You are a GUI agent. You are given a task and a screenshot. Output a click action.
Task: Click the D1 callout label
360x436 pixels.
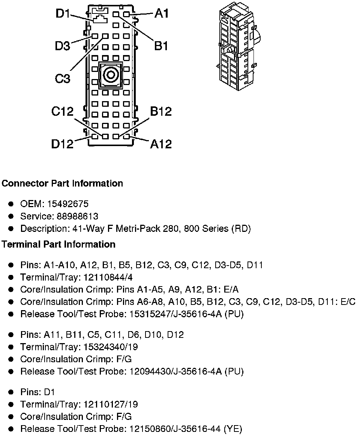63,14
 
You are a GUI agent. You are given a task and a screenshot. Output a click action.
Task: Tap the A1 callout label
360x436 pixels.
162,14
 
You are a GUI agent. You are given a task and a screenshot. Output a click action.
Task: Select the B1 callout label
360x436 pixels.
161,46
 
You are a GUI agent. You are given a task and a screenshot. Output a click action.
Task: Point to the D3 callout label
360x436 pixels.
62,46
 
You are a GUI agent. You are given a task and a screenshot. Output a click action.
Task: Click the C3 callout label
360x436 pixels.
63,79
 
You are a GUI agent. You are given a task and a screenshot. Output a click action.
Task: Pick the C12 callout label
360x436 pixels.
63,112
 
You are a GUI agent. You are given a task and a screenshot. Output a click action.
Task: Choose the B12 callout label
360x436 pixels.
161,111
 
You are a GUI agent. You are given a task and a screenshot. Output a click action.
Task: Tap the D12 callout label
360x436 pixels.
62,144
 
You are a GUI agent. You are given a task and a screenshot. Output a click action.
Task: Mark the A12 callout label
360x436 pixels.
161,144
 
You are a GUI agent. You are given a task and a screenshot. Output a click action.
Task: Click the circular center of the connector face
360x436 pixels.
111,75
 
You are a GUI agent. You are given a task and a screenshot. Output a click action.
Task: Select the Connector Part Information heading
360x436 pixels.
62,184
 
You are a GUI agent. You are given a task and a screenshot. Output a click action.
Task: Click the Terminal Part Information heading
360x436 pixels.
58,245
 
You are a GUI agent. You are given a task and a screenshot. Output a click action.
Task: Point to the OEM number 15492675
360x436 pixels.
68,204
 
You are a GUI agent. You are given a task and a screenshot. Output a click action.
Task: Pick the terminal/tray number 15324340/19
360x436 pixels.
109,347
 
